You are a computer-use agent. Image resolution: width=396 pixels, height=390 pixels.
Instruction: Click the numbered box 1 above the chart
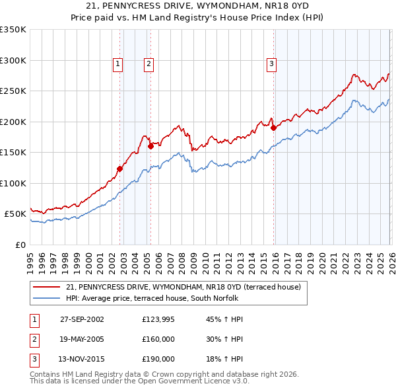click(117, 64)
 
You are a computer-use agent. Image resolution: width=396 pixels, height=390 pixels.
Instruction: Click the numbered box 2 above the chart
click(148, 64)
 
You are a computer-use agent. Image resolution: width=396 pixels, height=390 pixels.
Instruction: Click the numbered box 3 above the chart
click(271, 64)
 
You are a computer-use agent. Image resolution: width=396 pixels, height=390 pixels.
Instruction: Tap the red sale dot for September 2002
click(120, 169)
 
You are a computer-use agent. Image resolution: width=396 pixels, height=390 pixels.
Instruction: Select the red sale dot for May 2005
click(150, 146)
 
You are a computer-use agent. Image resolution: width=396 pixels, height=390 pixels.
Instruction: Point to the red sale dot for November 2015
click(273, 128)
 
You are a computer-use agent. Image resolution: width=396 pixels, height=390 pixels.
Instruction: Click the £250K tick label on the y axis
click(13, 91)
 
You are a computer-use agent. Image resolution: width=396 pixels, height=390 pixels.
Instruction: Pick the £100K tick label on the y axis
click(13, 183)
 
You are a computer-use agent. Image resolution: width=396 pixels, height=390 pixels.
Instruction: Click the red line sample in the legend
click(47, 287)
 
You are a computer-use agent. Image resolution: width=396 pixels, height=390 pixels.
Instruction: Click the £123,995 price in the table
click(158, 319)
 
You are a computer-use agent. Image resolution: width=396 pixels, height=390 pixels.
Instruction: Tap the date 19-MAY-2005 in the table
click(82, 339)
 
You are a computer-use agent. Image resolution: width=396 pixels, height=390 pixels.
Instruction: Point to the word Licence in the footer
click(222, 381)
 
